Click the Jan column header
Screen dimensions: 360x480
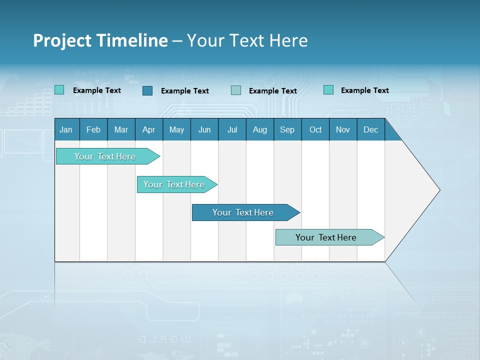(x=66, y=129)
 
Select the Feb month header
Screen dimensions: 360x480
(x=93, y=129)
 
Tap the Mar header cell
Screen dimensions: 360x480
(x=121, y=129)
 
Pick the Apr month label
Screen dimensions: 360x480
(x=149, y=129)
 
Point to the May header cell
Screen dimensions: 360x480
(x=176, y=129)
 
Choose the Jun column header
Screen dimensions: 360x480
(x=204, y=129)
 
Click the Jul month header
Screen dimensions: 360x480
(x=232, y=129)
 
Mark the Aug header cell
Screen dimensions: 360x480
(x=260, y=129)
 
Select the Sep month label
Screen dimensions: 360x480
(x=287, y=129)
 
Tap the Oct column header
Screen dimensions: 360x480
(x=315, y=129)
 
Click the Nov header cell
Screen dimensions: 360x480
(x=343, y=129)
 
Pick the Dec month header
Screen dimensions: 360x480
(x=371, y=129)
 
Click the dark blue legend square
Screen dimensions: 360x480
(x=147, y=90)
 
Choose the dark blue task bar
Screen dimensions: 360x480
(x=243, y=212)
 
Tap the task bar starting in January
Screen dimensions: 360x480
(x=105, y=156)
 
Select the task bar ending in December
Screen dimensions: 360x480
(x=326, y=237)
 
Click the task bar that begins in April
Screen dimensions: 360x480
(x=174, y=184)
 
